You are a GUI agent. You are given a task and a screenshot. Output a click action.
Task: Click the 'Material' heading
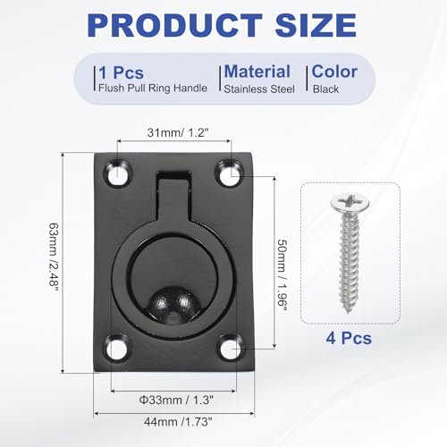pyautogui.click(x=257, y=71)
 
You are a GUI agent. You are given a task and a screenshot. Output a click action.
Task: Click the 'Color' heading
pyautogui.click(x=335, y=71)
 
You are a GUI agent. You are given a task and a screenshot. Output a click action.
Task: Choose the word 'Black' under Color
pyautogui.click(x=326, y=88)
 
